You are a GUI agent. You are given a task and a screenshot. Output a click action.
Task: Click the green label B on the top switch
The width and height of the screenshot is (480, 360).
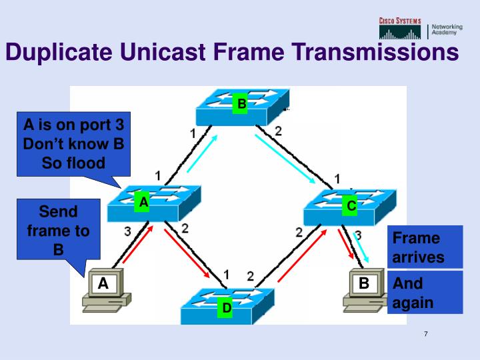tap(241, 104)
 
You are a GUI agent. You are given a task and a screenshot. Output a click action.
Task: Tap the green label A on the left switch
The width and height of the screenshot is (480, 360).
tap(142, 202)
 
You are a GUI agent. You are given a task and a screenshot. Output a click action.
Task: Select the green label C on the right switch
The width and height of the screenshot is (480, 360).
tap(351, 206)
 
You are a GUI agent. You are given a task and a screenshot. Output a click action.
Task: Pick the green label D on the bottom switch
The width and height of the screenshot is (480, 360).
tap(227, 308)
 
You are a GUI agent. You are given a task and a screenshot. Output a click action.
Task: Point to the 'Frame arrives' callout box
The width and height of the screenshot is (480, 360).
tap(425, 247)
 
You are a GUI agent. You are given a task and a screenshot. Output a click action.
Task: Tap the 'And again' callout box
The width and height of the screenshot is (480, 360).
tap(425, 292)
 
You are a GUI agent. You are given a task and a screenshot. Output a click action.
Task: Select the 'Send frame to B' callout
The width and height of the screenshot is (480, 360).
tap(58, 231)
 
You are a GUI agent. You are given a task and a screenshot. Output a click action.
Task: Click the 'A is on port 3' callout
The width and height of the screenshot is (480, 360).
tap(73, 144)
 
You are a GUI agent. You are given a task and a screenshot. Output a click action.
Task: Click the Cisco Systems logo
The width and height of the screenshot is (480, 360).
tap(400, 28)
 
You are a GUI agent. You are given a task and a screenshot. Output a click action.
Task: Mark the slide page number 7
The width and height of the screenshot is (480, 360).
tap(425, 334)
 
